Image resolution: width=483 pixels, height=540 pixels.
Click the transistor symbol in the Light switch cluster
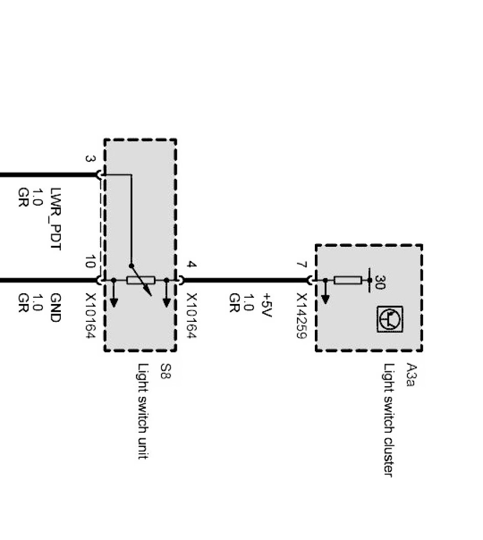point(390,319)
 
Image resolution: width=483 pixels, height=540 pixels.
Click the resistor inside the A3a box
point(348,280)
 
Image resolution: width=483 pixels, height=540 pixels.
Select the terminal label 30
point(379,282)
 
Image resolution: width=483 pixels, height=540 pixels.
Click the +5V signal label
point(266,304)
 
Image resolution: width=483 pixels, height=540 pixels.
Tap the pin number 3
point(90,159)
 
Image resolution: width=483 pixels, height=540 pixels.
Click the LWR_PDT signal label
point(56,219)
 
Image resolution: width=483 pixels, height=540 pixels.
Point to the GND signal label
point(56,308)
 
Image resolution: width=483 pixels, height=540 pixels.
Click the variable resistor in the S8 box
point(141,280)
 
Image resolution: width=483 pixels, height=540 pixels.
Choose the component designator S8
point(165,371)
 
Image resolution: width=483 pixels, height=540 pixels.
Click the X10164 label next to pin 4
point(192,316)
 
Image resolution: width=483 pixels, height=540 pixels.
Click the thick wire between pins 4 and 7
point(245,280)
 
